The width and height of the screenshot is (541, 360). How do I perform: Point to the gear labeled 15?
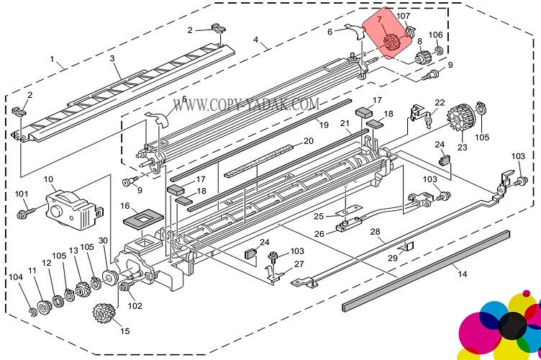click(105, 315)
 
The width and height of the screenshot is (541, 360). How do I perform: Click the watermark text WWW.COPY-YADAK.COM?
click(245, 105)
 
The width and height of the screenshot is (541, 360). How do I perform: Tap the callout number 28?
click(374, 231)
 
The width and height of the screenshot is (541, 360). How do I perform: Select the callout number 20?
click(308, 141)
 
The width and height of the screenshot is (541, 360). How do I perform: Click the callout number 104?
click(15, 276)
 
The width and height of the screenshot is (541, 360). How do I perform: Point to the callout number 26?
click(318, 233)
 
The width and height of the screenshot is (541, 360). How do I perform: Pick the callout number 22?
click(439, 103)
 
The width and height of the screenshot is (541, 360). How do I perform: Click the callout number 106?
click(435, 35)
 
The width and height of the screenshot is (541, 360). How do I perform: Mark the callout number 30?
click(103, 240)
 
